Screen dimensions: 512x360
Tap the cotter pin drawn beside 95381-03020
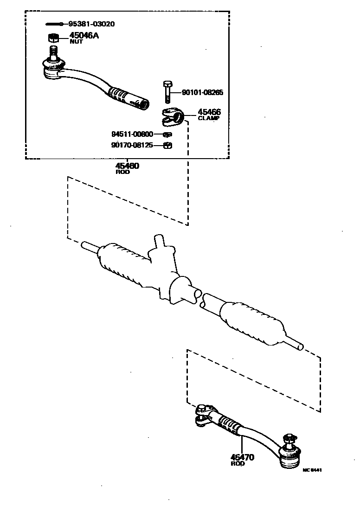(x=54, y=24)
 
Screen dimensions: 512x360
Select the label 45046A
(x=84, y=35)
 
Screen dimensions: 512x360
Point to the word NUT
(x=76, y=42)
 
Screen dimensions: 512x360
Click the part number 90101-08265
(x=202, y=93)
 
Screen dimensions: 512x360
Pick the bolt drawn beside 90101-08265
(x=168, y=92)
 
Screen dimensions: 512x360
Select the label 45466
(x=209, y=112)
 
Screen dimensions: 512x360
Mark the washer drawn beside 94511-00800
(x=168, y=134)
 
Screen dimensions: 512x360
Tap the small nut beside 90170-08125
(x=168, y=146)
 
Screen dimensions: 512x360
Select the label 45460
(x=127, y=166)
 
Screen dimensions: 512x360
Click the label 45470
(x=243, y=457)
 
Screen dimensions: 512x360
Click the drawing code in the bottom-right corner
(x=312, y=469)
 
